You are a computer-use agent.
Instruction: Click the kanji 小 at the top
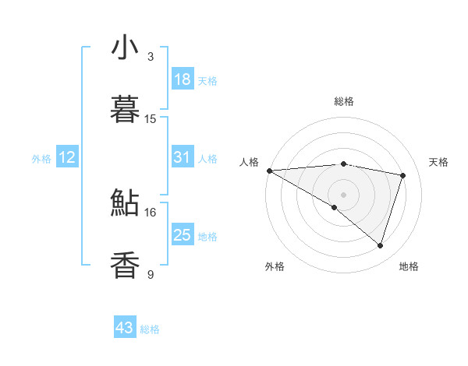pos(125,48)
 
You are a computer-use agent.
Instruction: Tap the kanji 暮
pos(125,110)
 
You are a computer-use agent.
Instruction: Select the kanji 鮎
pos(125,203)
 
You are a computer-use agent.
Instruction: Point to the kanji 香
pos(125,266)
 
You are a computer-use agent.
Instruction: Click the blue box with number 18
pos(182,79)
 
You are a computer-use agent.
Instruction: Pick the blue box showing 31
pos(182,157)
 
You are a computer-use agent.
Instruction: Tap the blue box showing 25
pos(182,234)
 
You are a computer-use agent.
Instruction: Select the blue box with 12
pos(66,157)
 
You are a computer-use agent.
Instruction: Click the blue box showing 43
pos(125,328)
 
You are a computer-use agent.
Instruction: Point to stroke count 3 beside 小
pos(151,56)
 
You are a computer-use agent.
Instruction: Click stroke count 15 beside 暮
pos(151,118)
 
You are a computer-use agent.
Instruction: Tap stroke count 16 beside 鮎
pos(151,212)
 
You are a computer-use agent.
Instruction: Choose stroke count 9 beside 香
pos(151,274)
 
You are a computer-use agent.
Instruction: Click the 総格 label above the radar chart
pos(343,101)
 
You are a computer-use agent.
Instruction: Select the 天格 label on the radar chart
pos(439,162)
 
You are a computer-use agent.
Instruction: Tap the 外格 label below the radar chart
pos(275,266)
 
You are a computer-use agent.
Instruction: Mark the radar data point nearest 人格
pos(269,171)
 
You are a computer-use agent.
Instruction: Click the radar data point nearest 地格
pos(380,245)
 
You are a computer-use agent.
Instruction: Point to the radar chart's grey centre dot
pos(343,194)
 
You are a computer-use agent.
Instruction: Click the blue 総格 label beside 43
pos(150,329)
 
